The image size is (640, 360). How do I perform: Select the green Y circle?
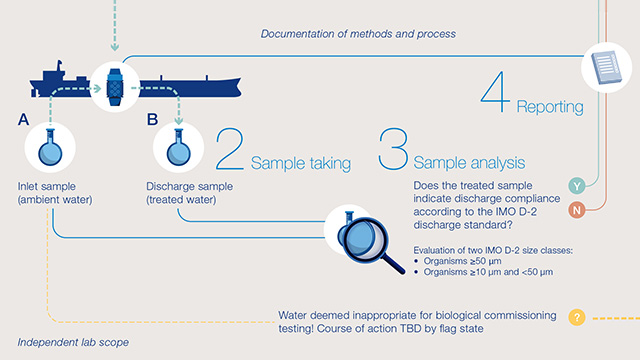point(577,186)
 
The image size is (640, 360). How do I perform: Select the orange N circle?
point(577,210)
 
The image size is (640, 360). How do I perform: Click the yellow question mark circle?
point(576,318)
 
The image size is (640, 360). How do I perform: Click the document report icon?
point(607,68)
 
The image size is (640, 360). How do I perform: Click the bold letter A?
point(23,120)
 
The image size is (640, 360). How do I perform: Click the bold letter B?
point(153,120)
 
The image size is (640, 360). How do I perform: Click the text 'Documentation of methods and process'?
point(358,34)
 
